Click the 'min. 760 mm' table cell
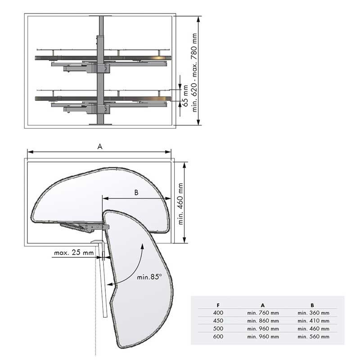coord(263,313)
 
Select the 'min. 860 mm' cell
coord(263,321)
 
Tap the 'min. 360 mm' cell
coord(313,313)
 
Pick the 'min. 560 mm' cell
coord(313,337)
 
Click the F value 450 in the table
coord(218,321)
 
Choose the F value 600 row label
coord(218,337)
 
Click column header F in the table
coord(218,306)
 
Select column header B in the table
coord(312,306)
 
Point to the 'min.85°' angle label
coord(149,277)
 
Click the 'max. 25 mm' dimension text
coord(74,253)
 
